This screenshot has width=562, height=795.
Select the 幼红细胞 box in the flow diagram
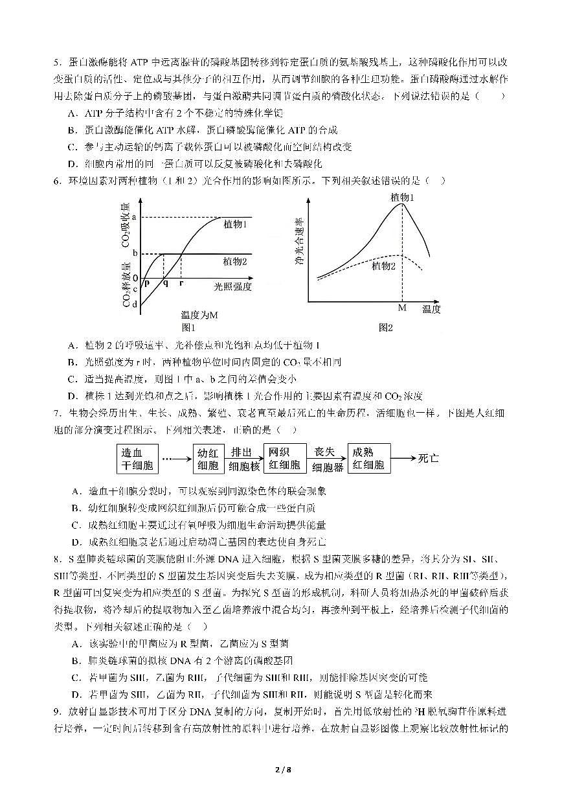209,458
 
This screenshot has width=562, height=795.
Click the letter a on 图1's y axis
135,217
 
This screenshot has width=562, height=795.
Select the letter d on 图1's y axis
135,304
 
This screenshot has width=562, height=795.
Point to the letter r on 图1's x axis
181,284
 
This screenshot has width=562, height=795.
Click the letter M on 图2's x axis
401,308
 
